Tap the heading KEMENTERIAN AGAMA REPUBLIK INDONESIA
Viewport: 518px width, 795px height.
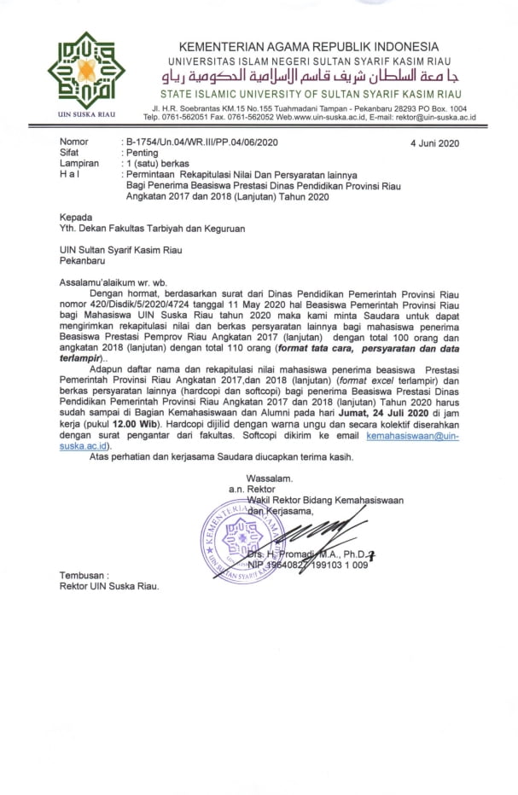308,47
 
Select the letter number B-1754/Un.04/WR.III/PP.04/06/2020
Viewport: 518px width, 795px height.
201,142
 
